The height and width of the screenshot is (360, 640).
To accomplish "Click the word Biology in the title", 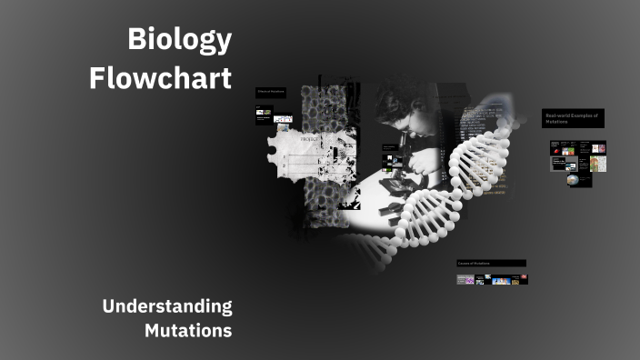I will (180, 41).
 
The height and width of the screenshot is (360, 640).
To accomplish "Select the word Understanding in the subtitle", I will (167, 306).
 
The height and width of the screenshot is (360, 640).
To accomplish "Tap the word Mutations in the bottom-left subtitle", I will (188, 330).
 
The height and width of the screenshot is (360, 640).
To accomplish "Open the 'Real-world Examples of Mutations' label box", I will (574, 118).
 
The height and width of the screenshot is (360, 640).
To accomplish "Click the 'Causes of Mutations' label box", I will (491, 264).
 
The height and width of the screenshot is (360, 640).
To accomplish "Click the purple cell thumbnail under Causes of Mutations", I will (470, 280).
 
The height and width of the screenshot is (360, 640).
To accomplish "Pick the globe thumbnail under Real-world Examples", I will (572, 180).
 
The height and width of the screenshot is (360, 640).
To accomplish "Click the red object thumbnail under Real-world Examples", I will (599, 147).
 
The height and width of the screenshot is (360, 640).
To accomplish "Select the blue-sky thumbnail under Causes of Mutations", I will (501, 280).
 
